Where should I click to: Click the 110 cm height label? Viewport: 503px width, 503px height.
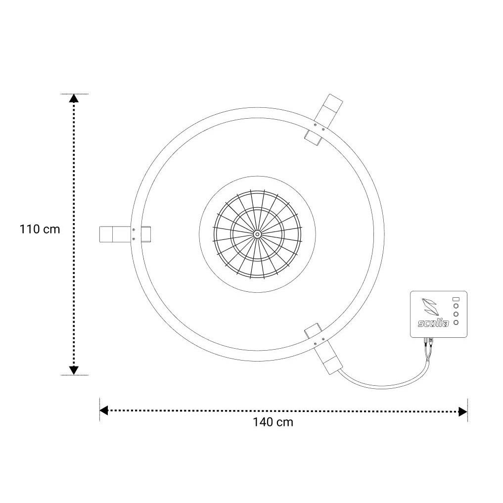(x=40, y=229)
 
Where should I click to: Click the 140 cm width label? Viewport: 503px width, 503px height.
(x=273, y=422)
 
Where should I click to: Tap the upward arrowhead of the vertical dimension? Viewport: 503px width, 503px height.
(x=74, y=98)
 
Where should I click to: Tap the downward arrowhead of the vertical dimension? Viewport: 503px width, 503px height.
(x=74, y=370)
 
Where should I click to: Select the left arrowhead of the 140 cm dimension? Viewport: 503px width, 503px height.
(x=103, y=411)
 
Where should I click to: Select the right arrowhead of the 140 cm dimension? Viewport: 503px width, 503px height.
(x=463, y=412)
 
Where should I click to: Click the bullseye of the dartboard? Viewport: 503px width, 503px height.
(x=257, y=234)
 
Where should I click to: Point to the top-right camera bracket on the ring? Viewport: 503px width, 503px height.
(x=323, y=120)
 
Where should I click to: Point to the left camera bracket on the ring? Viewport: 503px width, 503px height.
(x=125, y=234)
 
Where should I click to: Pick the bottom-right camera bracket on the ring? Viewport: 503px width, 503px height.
(x=323, y=349)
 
